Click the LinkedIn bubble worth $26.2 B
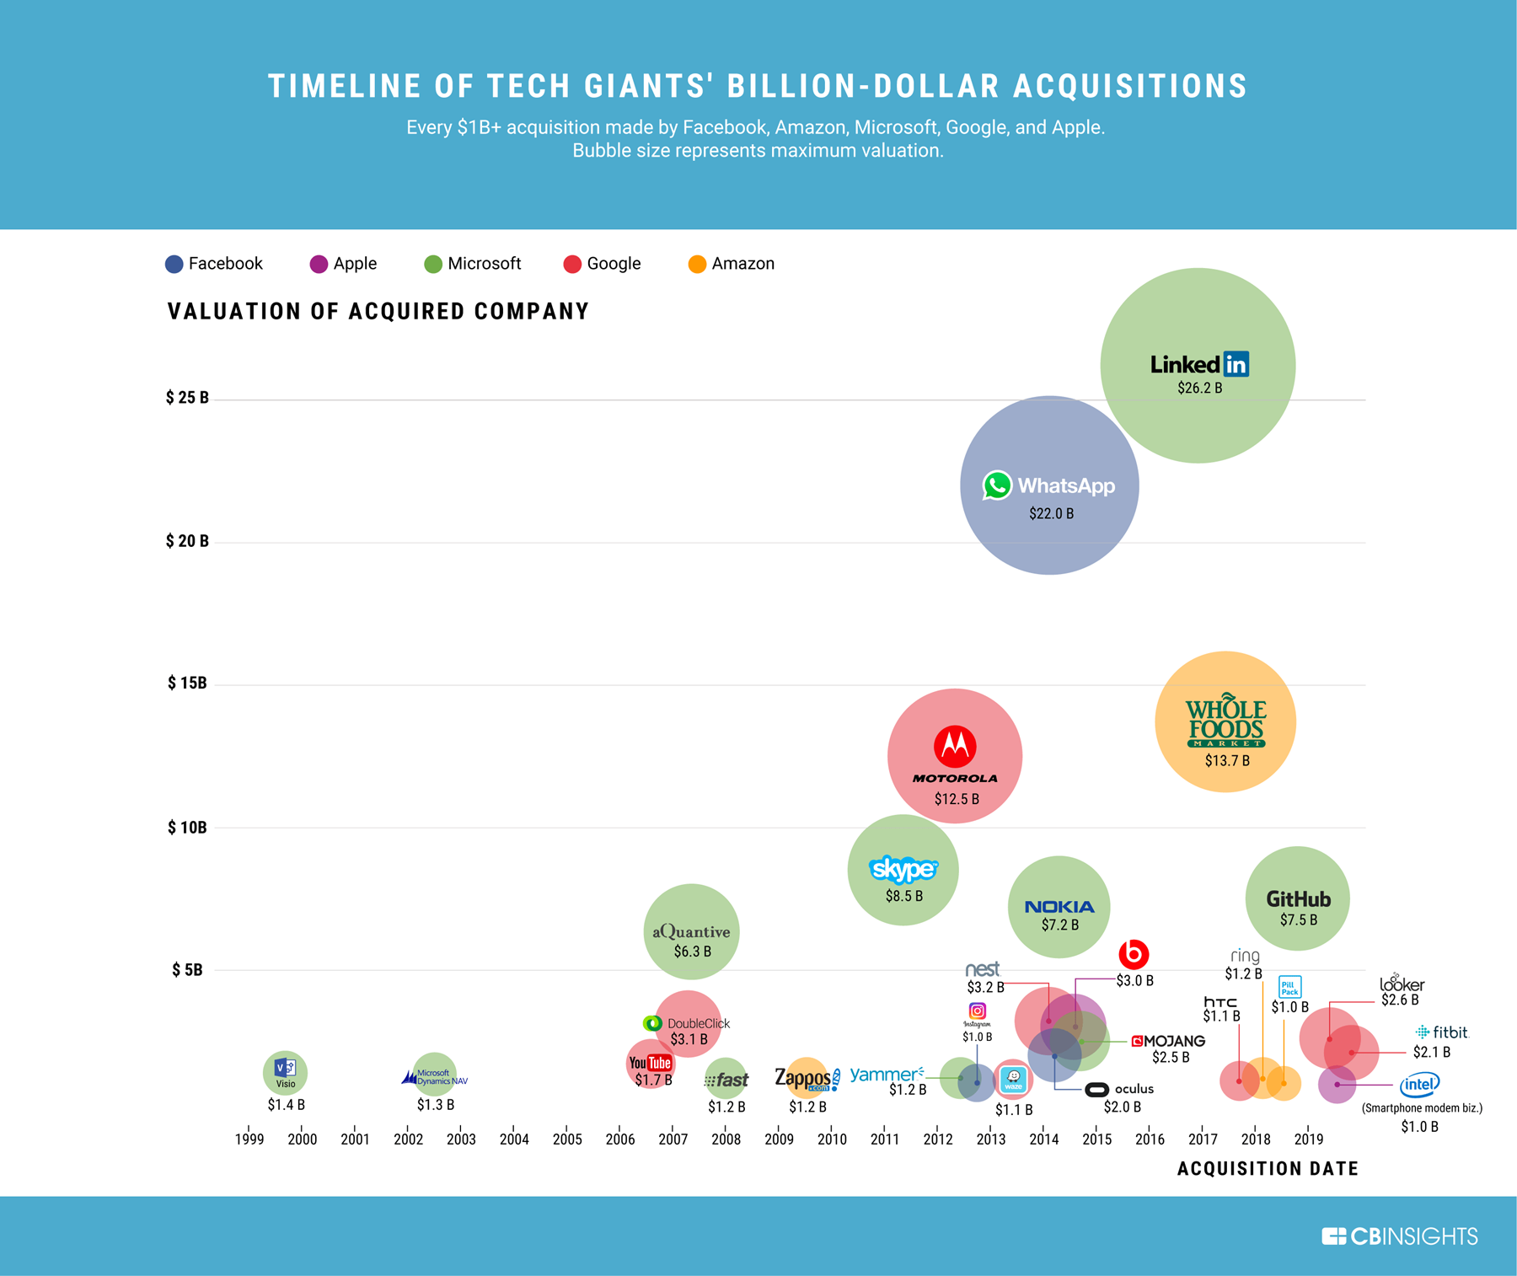[1198, 365]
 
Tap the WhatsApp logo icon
[997, 485]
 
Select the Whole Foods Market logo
[1226, 721]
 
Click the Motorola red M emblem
[955, 746]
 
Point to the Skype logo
[903, 868]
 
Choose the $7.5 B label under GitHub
[1299, 920]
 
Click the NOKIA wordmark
[1059, 907]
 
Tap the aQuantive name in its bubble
[691, 931]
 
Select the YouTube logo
[650, 1063]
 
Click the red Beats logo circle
[1134, 954]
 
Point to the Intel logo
[1419, 1085]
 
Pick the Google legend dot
[572, 265]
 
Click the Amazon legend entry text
[742, 264]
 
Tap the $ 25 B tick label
[187, 398]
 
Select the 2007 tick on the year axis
[673, 1139]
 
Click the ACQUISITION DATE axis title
[1268, 1169]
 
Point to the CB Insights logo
[1400, 1236]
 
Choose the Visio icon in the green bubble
[285, 1068]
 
